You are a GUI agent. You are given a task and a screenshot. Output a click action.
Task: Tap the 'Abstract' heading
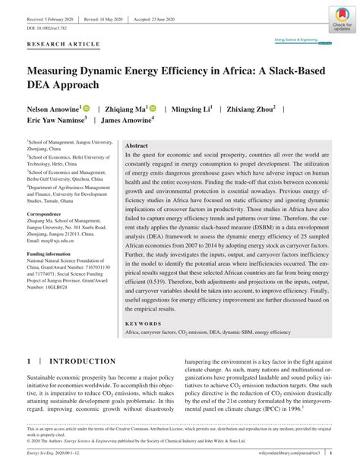(x=136, y=144)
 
